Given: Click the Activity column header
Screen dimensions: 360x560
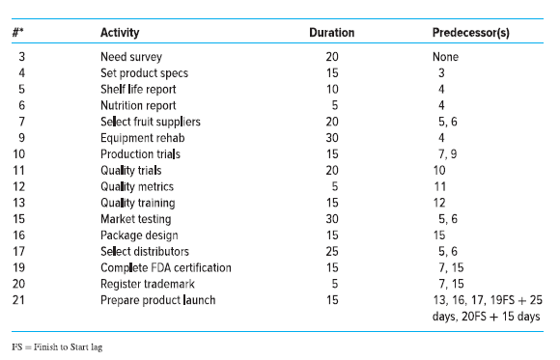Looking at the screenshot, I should pos(120,33).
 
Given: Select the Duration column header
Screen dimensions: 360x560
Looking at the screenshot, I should pos(331,33).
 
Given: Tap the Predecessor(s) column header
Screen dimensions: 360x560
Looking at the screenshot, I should pos(471,33).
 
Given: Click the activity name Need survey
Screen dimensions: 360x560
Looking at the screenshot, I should pos(131,58).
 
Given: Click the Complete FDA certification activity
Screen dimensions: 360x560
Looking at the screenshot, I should pos(165,267).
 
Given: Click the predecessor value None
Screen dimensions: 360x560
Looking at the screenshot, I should pos(445,58).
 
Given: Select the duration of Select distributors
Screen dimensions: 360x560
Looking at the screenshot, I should pos(332,252).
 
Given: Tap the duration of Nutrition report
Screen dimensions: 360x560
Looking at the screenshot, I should pos(332,106).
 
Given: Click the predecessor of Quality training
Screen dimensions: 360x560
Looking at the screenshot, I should pos(438,203).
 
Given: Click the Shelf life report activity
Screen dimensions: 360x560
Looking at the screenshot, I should pos(138,90).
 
